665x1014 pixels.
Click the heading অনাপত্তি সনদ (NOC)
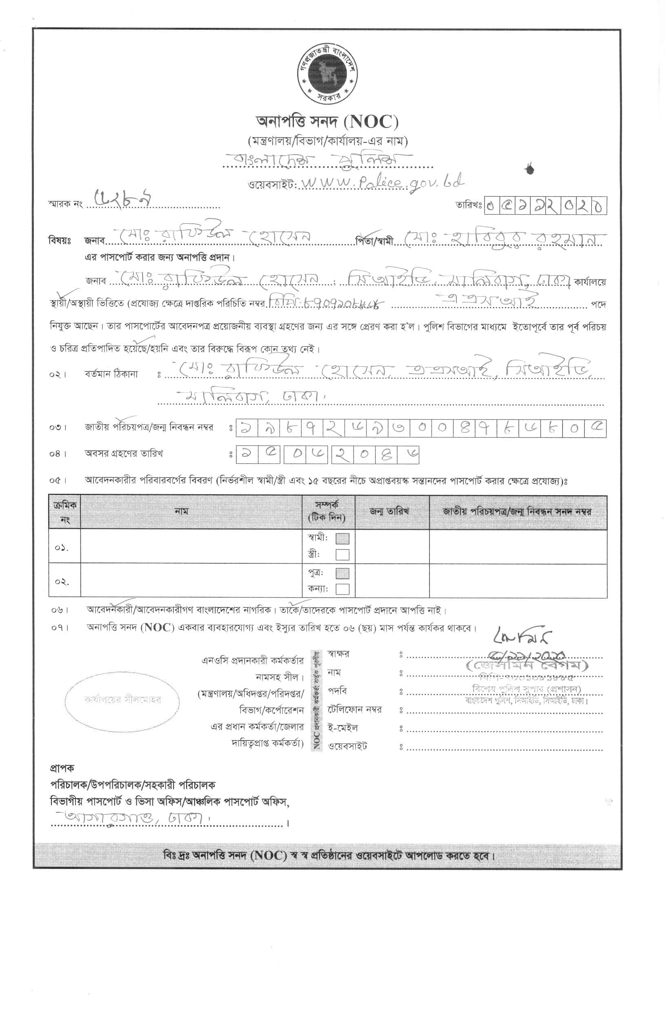pyautogui.click(x=327, y=122)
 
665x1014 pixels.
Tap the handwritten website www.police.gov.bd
pyautogui.click(x=381, y=182)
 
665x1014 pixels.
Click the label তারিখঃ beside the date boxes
pyautogui.click(x=468, y=206)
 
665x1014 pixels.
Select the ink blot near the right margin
pyautogui.click(x=529, y=169)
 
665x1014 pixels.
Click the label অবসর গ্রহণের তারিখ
pyautogui.click(x=124, y=454)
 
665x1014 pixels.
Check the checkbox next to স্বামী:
pyautogui.click(x=342, y=538)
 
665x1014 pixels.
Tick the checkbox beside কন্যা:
pyautogui.click(x=342, y=589)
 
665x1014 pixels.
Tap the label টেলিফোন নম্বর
pyautogui.click(x=354, y=710)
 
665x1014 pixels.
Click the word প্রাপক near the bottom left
pyautogui.click(x=62, y=768)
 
